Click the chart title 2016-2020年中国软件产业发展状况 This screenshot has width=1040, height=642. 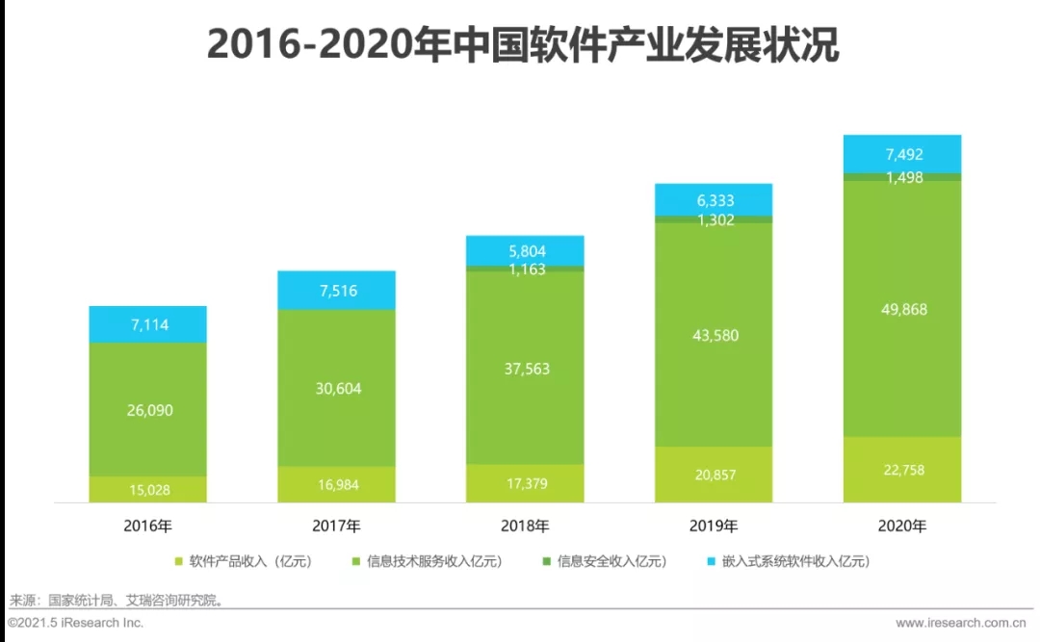point(523,44)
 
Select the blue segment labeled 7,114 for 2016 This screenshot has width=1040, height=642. point(147,324)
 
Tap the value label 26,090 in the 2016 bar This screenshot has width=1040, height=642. point(148,410)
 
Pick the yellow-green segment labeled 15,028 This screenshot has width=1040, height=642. point(148,490)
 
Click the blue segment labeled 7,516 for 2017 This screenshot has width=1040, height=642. point(336,291)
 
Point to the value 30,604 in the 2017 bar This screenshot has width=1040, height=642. point(337,389)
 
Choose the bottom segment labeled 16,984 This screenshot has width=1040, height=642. point(336,484)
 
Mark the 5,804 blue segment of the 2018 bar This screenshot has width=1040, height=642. point(525,250)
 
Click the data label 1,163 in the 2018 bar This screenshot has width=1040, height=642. point(526,270)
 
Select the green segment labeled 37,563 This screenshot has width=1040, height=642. point(526,369)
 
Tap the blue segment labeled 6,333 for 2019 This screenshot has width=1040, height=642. point(714,200)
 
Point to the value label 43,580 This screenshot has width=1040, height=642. point(714,335)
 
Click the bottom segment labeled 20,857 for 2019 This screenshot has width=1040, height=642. point(714,475)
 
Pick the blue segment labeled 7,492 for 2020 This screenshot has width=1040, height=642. point(902,154)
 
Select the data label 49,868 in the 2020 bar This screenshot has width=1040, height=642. point(902,309)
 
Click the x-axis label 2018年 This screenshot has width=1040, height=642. point(525,526)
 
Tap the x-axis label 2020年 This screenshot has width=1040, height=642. point(902,526)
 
